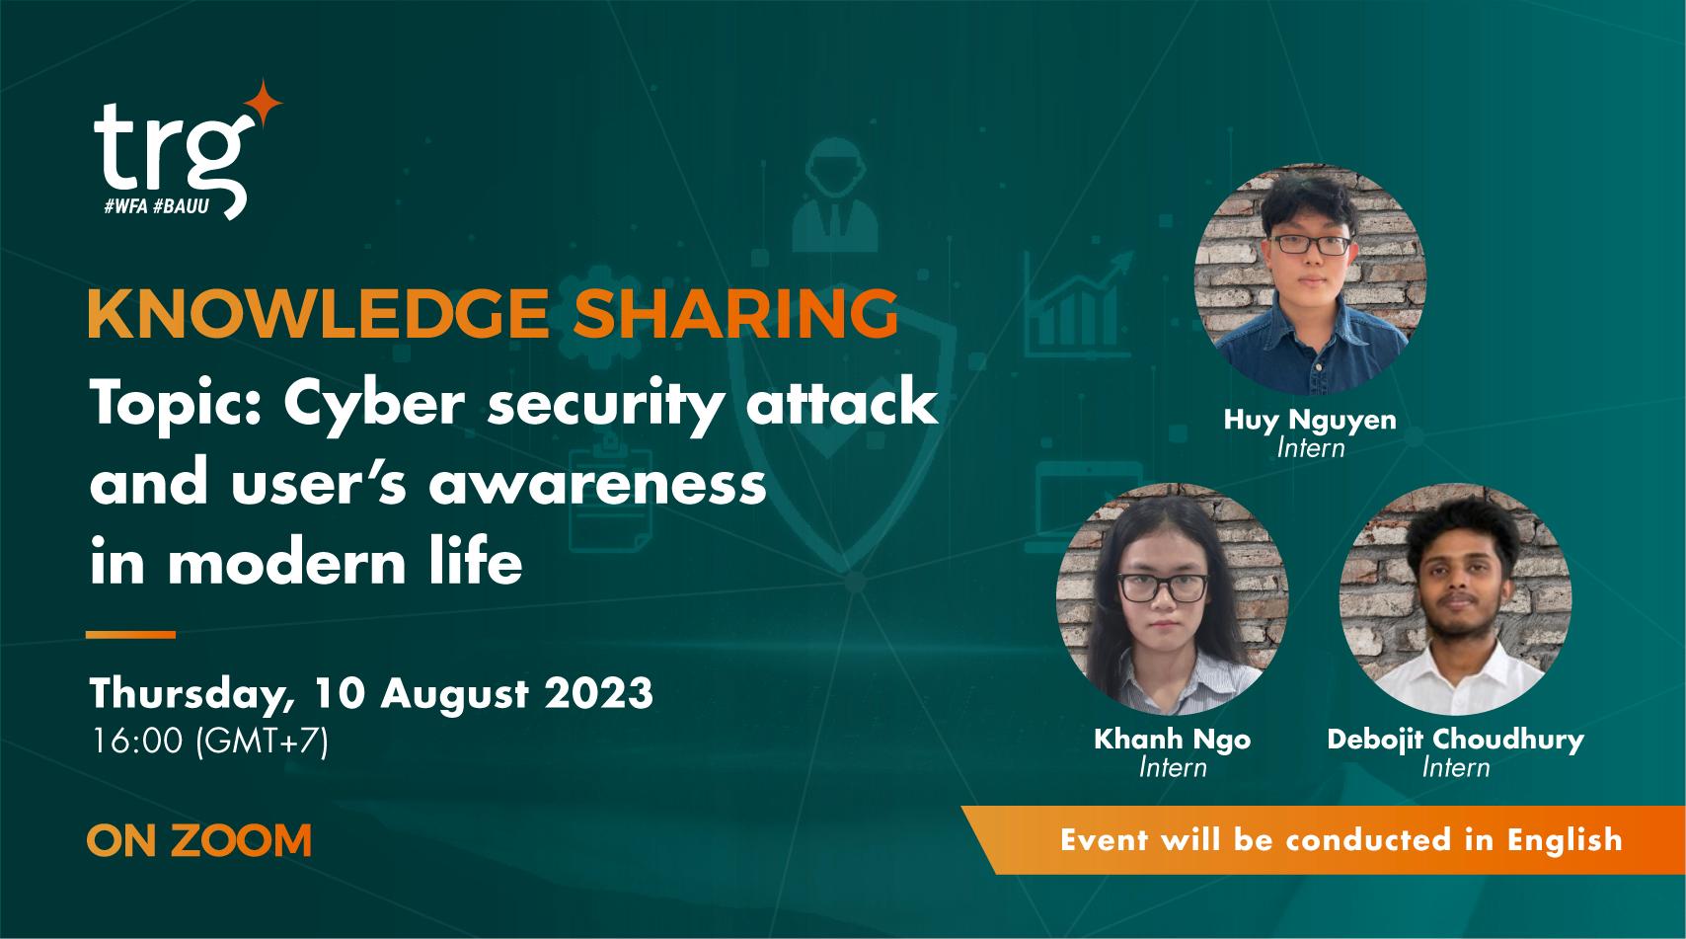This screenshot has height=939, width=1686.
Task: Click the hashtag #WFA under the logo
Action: pyautogui.click(x=126, y=208)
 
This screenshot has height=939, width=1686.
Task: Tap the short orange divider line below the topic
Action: pyautogui.click(x=130, y=634)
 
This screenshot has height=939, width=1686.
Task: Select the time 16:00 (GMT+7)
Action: pyautogui.click(x=208, y=742)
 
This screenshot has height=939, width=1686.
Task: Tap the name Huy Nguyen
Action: pyautogui.click(x=1310, y=420)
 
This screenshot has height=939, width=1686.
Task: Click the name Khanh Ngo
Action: pyautogui.click(x=1172, y=739)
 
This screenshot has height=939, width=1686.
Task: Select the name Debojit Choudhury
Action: pyautogui.click(x=1455, y=739)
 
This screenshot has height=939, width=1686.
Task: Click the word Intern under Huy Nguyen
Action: pyautogui.click(x=1310, y=448)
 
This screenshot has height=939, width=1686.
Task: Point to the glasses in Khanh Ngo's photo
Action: pyautogui.click(x=1162, y=588)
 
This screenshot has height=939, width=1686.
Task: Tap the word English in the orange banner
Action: pyautogui.click(x=1565, y=840)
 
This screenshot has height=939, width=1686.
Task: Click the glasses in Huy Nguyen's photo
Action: pyautogui.click(x=1310, y=244)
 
